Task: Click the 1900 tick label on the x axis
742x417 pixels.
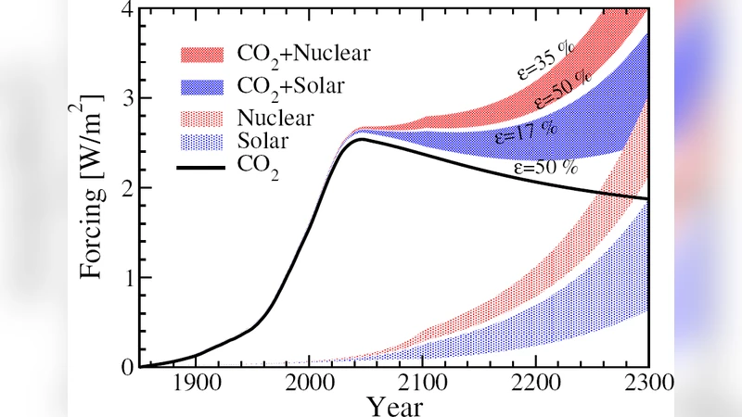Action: (195, 384)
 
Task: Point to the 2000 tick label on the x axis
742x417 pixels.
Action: (309, 384)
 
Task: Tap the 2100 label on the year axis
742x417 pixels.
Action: (422, 384)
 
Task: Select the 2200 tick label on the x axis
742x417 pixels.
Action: (535, 384)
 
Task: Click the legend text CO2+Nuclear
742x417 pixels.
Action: (302, 54)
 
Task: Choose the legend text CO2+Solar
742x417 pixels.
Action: (290, 86)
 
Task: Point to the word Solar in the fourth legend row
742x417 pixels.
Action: (262, 142)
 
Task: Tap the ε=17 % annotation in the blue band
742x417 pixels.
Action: (524, 132)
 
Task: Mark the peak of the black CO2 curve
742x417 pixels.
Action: (363, 140)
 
